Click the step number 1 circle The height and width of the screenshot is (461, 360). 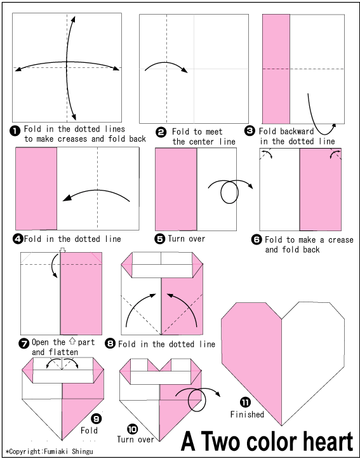[15, 131]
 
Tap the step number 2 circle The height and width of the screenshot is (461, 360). [161, 131]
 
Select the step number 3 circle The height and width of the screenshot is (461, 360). [250, 130]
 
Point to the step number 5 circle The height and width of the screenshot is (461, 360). [160, 239]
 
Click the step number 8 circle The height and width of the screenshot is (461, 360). [110, 344]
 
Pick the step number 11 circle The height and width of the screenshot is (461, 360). [244, 402]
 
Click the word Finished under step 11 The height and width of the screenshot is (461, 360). [247, 415]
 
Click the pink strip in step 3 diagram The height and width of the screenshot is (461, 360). [276, 69]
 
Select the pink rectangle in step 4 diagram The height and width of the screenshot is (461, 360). [36, 187]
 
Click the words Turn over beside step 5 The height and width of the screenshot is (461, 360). [187, 239]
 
